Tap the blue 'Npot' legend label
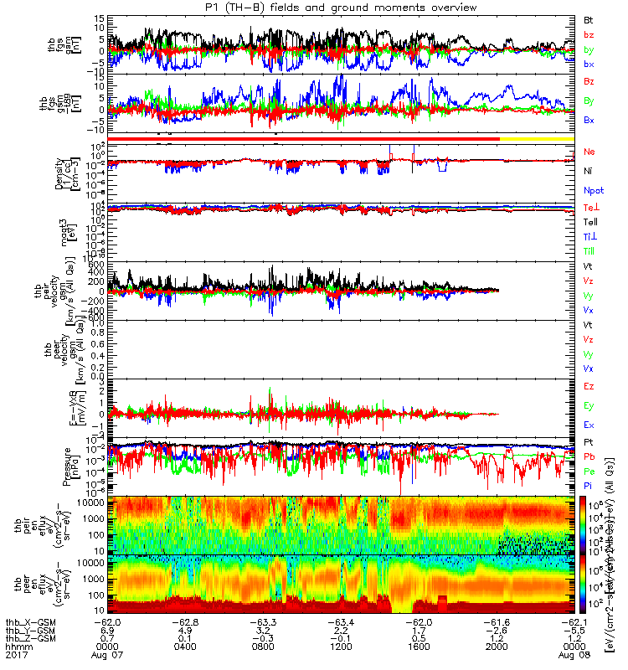tap(593, 190)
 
